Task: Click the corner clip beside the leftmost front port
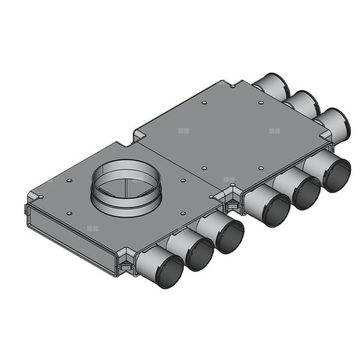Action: (126, 265)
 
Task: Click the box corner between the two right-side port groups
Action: (329, 144)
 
